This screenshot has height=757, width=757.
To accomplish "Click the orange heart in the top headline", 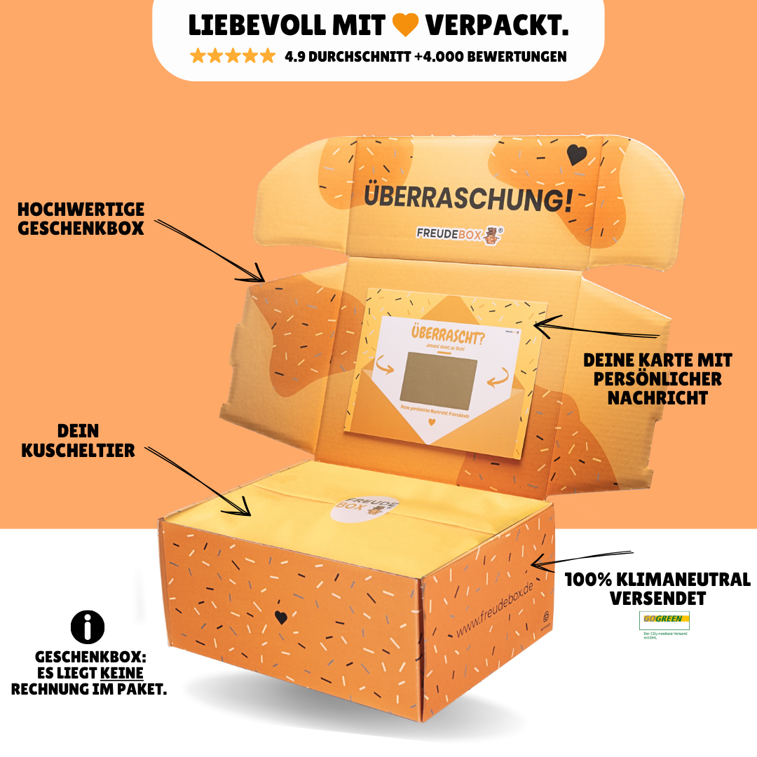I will coord(405,25).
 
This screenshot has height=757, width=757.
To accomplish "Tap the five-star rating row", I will coord(233,56).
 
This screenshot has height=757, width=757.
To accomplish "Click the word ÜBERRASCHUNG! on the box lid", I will coord(467,198).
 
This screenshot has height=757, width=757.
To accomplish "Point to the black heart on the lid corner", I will coord(576,156).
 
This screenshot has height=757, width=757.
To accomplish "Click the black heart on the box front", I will coord(280,618).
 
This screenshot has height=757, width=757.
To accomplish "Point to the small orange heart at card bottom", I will coord(432,423).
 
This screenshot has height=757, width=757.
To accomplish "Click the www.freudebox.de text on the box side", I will coord(494,609).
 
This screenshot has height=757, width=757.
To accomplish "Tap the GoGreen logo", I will coord(664,620).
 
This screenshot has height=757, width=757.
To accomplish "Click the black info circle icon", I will coord(88,627).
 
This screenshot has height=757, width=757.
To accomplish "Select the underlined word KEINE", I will coord(122,673).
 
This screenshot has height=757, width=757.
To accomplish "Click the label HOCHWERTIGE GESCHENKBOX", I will coord(81,219).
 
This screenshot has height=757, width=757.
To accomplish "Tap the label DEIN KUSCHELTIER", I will coord(78,440).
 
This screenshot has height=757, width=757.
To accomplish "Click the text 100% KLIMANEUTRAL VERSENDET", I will coord(657,589).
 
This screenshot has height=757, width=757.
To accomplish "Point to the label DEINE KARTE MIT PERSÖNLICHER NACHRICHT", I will coord(657,378).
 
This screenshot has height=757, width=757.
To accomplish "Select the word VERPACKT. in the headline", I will coord(496,25).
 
